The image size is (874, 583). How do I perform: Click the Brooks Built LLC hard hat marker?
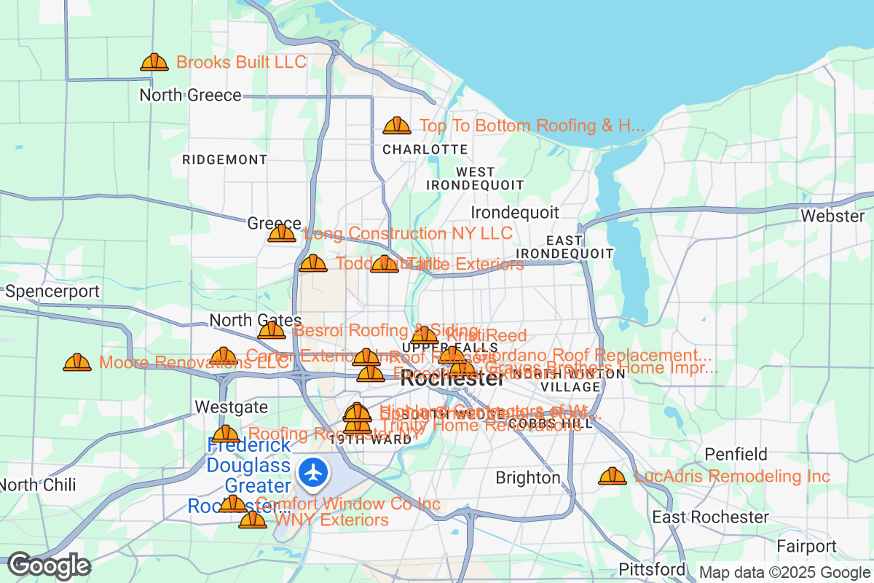tap(154, 63)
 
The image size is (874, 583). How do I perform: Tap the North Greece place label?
tap(190, 95)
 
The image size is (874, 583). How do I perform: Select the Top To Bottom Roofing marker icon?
tap(397, 126)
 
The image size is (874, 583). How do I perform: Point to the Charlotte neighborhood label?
tap(425, 149)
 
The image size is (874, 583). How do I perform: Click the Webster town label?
tap(832, 216)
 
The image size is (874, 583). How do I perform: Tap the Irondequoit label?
tap(515, 213)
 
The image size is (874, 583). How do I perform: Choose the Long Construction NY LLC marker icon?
tap(282, 234)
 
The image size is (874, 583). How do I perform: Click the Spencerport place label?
tap(52, 292)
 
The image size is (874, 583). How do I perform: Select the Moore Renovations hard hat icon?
tap(77, 362)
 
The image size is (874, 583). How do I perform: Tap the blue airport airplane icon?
tap(314, 472)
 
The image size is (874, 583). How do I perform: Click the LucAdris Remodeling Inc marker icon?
tap(612, 477)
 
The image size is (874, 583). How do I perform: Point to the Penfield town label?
tap(736, 455)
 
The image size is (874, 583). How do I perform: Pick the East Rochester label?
tap(710, 517)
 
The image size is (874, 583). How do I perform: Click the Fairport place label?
tap(806, 547)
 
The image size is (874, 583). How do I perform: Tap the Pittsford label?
tap(652, 568)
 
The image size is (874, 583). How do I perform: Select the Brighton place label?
tap(528, 478)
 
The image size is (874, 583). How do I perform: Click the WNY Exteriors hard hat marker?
tap(253, 520)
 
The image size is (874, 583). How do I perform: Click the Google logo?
tap(50, 566)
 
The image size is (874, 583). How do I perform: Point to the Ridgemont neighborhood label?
tap(224, 160)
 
